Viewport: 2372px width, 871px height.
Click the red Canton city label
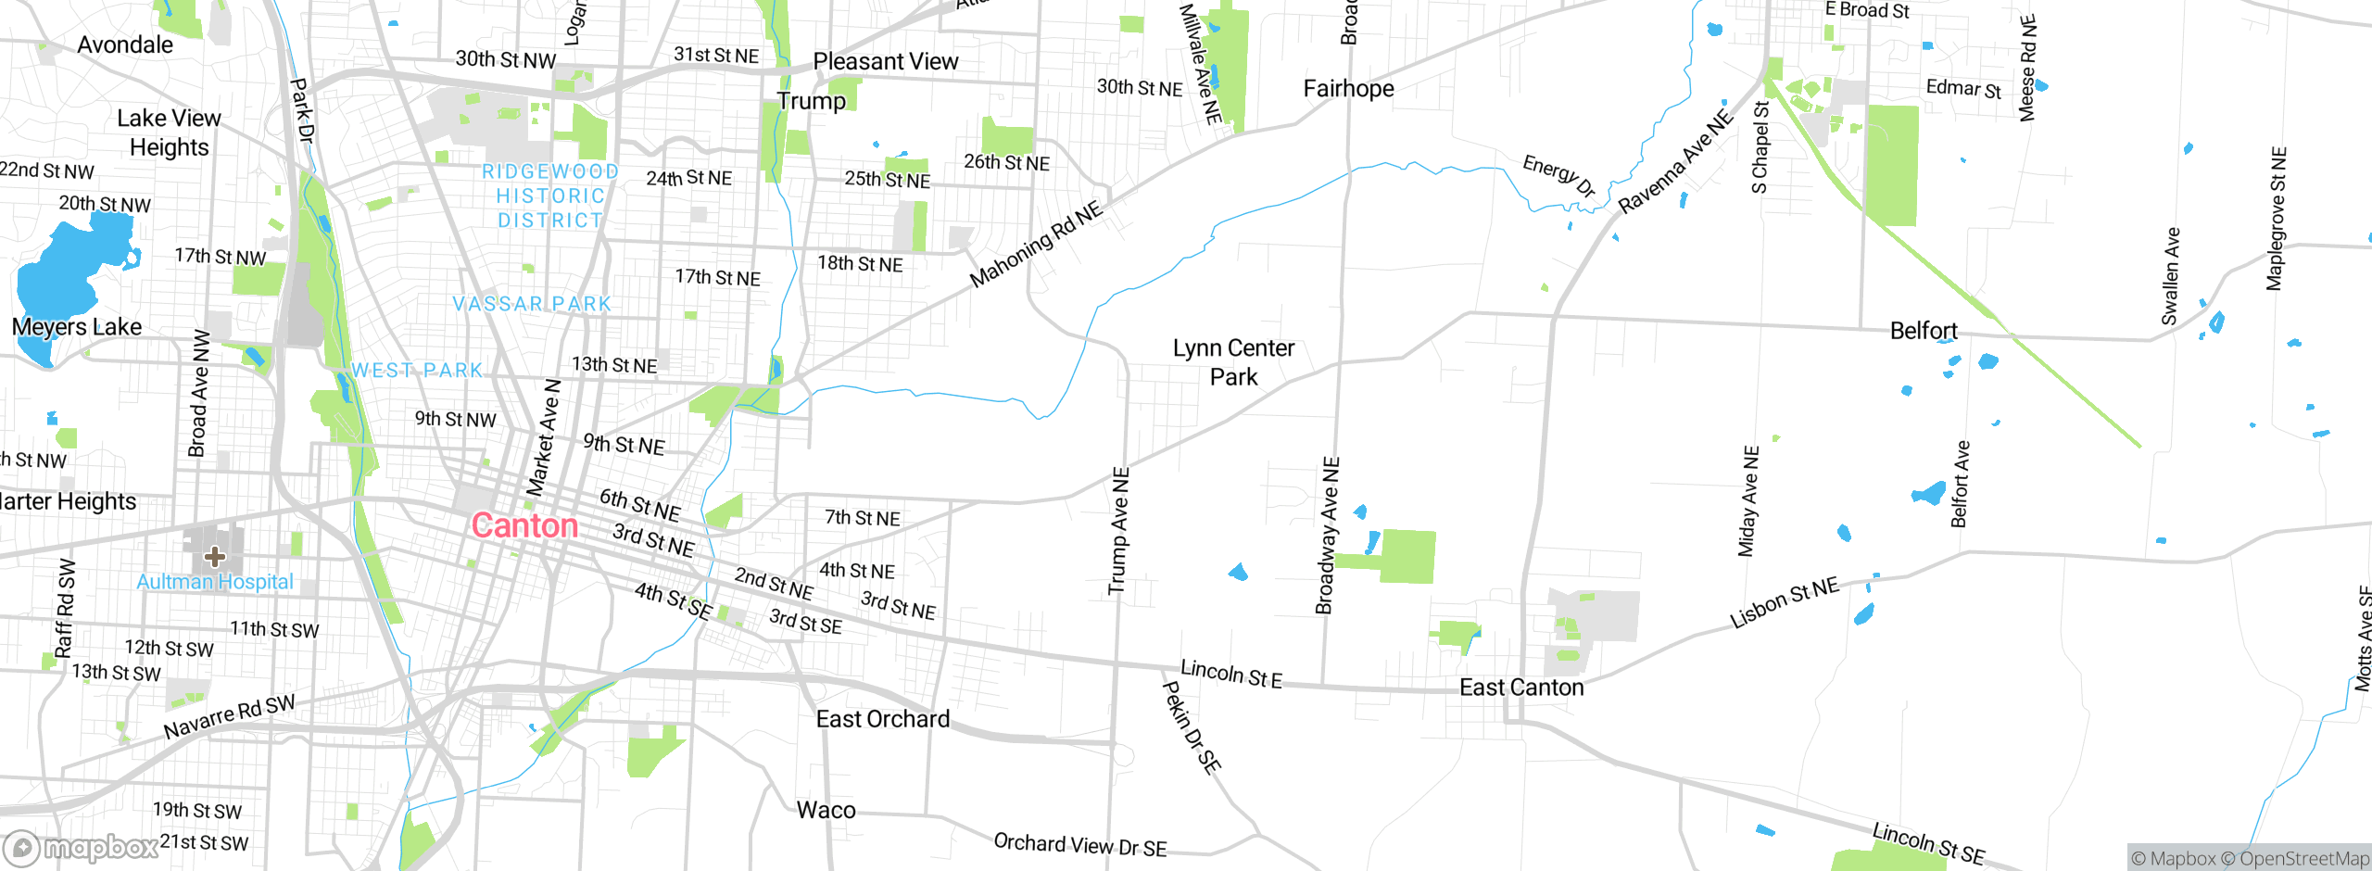[x=524, y=526]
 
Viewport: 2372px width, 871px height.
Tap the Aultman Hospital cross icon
[x=215, y=557]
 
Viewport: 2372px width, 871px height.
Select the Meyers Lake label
[x=77, y=327]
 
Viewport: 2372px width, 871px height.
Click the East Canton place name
[x=1521, y=688]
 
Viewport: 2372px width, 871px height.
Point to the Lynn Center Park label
[x=1233, y=362]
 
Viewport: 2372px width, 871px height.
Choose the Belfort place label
[x=1924, y=331]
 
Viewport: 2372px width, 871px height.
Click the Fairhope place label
[x=1348, y=89]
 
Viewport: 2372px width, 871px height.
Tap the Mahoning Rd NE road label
[x=1036, y=244]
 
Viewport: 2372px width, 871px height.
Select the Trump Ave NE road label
[x=1119, y=531]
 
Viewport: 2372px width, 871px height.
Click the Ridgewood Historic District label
[x=550, y=196]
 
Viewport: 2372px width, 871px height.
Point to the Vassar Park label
[x=532, y=304]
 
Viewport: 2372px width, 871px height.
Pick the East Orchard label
[x=883, y=719]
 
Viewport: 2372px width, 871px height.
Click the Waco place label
[x=826, y=811]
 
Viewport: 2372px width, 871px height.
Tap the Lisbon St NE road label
[x=1784, y=603]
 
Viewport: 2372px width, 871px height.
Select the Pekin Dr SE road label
[x=1192, y=727]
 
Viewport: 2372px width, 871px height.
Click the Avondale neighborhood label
[x=125, y=44]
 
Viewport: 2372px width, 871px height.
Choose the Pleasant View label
[x=885, y=61]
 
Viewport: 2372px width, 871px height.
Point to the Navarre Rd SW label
[x=229, y=716]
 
